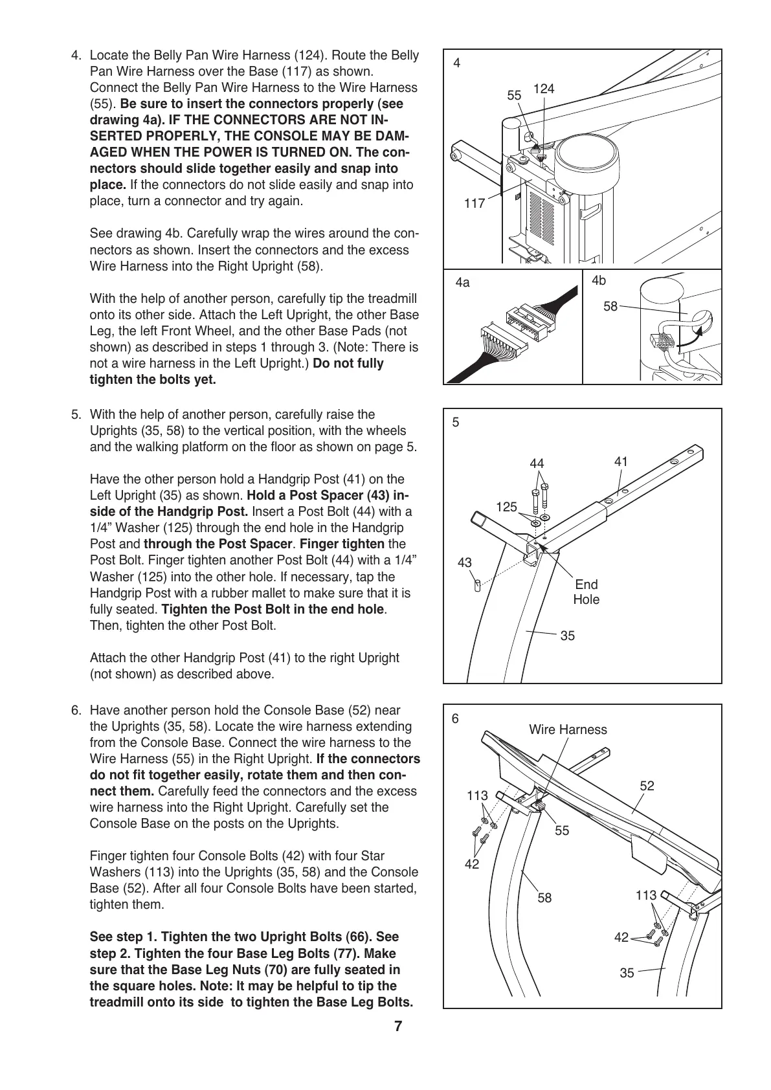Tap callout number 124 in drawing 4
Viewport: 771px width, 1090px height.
pyautogui.click(x=544, y=89)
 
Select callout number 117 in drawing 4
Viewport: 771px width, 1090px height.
pyautogui.click(x=475, y=203)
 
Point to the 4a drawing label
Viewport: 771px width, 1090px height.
pyautogui.click(x=463, y=283)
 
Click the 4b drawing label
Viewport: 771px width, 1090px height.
pyautogui.click(x=599, y=280)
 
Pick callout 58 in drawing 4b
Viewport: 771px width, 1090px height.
pyautogui.click(x=610, y=307)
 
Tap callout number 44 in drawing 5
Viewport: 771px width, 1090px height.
pyautogui.click(x=537, y=463)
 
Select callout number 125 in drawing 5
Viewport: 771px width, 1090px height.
pyautogui.click(x=507, y=507)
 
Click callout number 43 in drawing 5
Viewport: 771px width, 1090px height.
pyautogui.click(x=465, y=563)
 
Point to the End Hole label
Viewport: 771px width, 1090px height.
pyautogui.click(x=587, y=592)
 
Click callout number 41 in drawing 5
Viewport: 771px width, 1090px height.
pyautogui.click(x=621, y=462)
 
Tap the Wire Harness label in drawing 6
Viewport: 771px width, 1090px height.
pyautogui.click(x=568, y=729)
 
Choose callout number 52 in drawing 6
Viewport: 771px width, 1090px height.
pyautogui.click(x=647, y=786)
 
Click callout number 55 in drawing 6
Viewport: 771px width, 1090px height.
pyautogui.click(x=562, y=830)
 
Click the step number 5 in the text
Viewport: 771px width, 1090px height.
pyautogui.click(x=76, y=414)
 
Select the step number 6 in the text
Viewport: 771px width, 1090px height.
pyautogui.click(x=76, y=710)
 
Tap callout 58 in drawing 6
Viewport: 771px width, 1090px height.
pyautogui.click(x=545, y=898)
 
